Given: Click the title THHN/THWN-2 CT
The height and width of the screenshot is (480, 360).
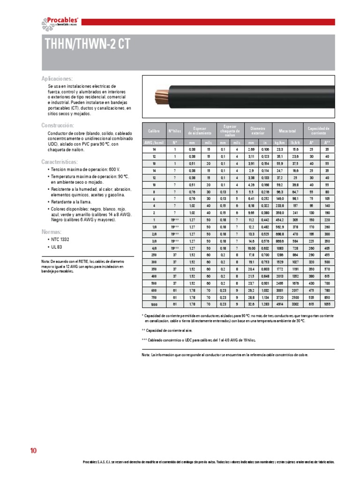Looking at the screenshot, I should [x=87, y=44].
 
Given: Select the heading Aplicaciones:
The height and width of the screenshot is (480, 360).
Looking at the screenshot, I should [x=57, y=79].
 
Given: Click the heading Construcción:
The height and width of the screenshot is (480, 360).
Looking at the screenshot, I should [x=58, y=125].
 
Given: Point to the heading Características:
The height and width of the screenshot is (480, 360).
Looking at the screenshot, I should [x=60, y=162].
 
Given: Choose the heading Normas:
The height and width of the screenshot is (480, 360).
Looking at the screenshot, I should [x=51, y=232].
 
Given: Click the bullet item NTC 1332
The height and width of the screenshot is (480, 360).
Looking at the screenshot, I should [x=59, y=240].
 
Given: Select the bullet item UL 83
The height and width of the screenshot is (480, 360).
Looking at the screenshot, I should [x=55, y=247].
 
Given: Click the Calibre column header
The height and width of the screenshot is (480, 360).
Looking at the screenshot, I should [x=154, y=131].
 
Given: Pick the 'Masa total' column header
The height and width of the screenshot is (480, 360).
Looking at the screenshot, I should [x=287, y=131].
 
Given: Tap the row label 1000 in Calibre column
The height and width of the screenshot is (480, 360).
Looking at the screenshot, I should [x=154, y=304].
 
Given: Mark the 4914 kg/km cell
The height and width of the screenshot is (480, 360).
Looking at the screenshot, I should [x=279, y=304].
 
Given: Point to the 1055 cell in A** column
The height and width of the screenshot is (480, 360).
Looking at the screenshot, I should [x=327, y=304].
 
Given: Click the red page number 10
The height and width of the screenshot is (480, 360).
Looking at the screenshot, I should [x=33, y=451].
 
